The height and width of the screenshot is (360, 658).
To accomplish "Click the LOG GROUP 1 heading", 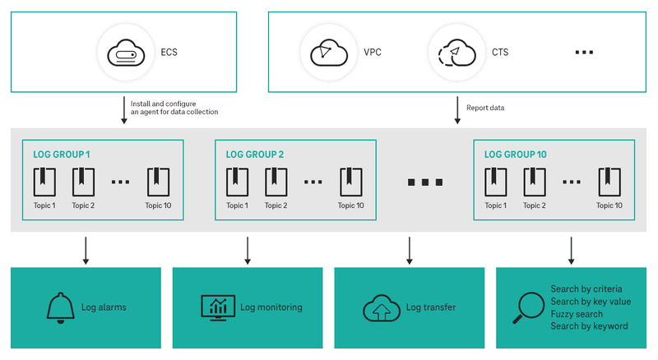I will point(62,155).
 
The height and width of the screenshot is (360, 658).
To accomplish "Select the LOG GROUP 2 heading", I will point(254,155).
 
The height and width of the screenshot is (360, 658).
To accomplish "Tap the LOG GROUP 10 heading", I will point(515,155).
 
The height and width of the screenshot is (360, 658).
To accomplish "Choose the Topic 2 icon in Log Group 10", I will point(534,179).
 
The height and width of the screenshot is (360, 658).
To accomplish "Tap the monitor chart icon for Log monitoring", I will point(218,307).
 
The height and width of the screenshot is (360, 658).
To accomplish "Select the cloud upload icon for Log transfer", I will point(381,308).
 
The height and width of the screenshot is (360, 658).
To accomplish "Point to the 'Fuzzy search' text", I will point(577,314).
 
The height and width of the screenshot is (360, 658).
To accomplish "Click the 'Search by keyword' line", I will point(589,326).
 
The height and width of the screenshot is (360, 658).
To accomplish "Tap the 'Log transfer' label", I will point(431,307).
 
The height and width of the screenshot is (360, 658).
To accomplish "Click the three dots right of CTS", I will point(584,53).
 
